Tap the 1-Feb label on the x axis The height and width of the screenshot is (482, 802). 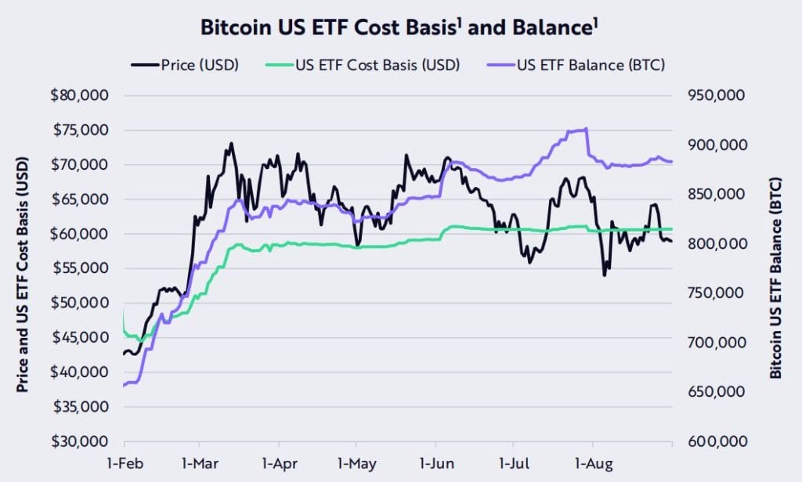point(125,462)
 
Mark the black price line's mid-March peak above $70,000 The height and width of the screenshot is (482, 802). point(230,144)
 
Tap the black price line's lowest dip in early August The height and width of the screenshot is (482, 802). point(604,275)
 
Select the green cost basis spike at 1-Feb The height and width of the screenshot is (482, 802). point(124,313)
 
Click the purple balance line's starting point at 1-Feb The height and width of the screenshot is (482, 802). point(125,385)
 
